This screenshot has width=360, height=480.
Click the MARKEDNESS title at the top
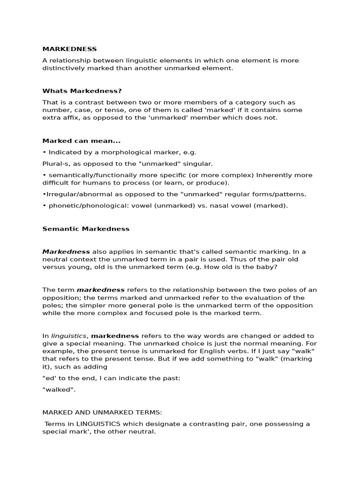[x=69, y=49]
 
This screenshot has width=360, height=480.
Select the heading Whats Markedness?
[x=82, y=91]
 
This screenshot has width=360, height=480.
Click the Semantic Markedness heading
[x=86, y=229]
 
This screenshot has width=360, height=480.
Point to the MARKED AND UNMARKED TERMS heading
[x=102, y=412]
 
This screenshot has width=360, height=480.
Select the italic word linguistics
[x=68, y=336]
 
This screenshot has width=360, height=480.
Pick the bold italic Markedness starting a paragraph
[x=66, y=252]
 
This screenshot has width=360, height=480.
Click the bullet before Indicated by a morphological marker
[x=44, y=152]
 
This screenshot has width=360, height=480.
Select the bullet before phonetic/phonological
[x=44, y=205]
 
